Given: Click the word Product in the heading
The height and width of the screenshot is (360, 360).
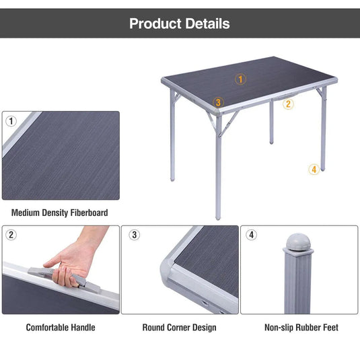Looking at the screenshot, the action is (x=155, y=24).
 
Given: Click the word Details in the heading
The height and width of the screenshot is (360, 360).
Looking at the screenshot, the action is (x=207, y=24).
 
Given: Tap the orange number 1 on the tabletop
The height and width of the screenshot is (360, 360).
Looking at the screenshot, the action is (x=240, y=79).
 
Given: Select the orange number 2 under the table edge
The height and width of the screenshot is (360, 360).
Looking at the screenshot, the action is (x=288, y=104).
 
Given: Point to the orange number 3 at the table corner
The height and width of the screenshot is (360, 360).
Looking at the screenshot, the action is (x=218, y=102).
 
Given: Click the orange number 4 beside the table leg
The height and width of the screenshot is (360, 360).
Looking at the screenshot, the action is (x=314, y=170).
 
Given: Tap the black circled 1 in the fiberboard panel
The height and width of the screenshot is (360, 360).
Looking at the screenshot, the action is (x=11, y=121).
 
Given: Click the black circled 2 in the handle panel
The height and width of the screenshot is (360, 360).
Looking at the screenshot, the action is (x=11, y=235).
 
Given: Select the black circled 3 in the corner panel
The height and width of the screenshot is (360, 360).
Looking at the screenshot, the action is (x=135, y=235).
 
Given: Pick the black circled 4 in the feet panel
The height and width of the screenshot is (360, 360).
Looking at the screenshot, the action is (x=252, y=235).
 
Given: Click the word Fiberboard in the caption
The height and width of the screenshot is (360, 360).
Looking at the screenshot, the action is (x=89, y=213).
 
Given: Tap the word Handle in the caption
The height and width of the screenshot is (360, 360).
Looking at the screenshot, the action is (x=83, y=328).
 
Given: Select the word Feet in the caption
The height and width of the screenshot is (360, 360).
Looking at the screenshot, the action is (x=330, y=328).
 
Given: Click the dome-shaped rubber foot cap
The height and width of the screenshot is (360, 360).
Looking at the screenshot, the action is (x=298, y=242).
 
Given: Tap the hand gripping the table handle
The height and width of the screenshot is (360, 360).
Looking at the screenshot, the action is (x=71, y=264).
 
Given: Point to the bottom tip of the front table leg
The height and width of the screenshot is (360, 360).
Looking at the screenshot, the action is (x=218, y=219).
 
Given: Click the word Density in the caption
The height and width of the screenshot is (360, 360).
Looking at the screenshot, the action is (x=55, y=213).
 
